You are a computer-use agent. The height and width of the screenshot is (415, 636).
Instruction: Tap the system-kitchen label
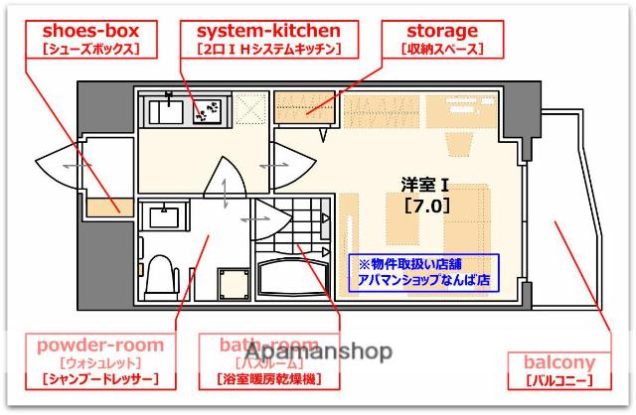point(268,32)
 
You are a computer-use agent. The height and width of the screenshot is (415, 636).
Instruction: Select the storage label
point(442,32)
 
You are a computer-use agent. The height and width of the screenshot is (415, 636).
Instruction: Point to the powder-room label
point(100,346)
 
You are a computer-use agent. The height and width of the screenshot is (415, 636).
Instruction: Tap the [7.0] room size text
point(426,207)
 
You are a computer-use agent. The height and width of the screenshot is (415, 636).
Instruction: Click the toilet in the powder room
point(159,277)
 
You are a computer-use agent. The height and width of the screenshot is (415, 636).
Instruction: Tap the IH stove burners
point(210,111)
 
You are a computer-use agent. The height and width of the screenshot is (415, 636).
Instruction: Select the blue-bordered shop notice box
point(424,272)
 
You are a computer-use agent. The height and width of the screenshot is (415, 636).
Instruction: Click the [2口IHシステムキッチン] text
point(268,49)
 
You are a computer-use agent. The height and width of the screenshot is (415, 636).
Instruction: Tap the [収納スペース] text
point(442,49)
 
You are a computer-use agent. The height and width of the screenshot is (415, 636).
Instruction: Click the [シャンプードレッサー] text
point(100,380)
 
